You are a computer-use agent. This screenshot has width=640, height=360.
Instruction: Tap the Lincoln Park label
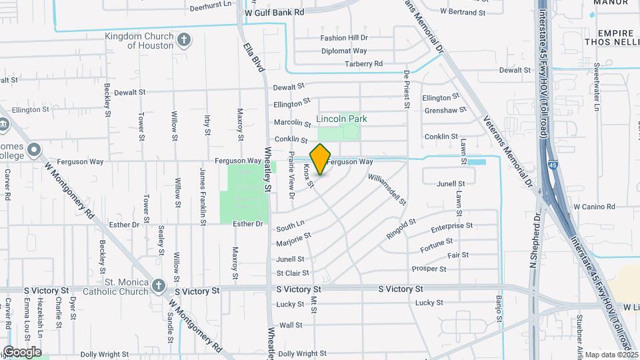(x=341, y=119)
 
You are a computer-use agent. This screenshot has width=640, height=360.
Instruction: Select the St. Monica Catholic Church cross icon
(x=158, y=285)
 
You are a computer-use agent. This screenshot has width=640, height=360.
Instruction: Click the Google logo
(x=22, y=352)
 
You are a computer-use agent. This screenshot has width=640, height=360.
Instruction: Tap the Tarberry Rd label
(x=363, y=64)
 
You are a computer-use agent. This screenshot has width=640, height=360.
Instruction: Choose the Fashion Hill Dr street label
(x=344, y=38)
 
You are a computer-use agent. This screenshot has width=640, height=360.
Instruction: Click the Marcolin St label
(x=293, y=122)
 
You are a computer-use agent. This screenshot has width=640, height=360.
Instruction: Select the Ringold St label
(x=401, y=229)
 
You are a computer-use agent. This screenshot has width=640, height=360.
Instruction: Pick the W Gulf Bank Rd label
(x=274, y=12)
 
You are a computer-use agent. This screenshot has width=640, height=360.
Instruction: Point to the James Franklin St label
(x=203, y=192)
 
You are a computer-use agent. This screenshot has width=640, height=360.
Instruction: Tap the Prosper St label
(x=429, y=269)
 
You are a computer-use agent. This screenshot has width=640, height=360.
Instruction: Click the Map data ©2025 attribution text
(x=611, y=354)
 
